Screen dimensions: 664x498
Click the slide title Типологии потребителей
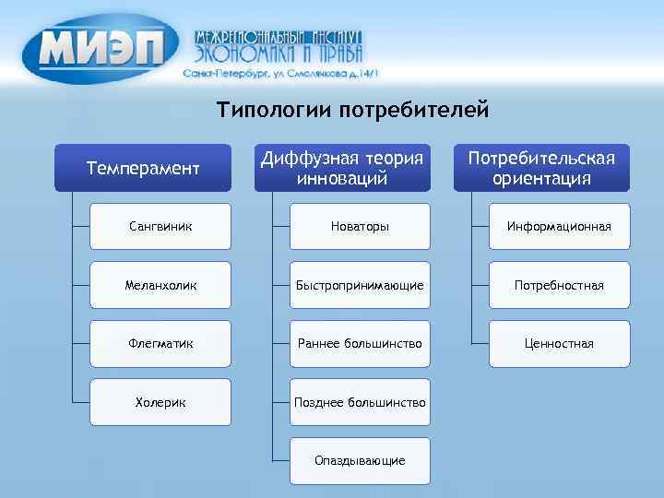click(x=351, y=112)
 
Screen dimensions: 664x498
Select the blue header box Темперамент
click(x=142, y=168)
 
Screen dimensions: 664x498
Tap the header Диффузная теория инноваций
click(x=342, y=168)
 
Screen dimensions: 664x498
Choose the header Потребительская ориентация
click(x=541, y=168)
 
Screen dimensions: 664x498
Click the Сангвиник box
click(x=160, y=227)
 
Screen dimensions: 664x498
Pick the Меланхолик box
click(x=160, y=285)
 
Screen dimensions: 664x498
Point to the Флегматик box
click(x=160, y=344)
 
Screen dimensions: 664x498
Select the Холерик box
click(x=160, y=402)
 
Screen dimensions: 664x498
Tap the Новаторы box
click(x=360, y=227)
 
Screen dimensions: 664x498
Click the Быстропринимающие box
click(x=360, y=285)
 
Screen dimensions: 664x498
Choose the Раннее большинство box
click(x=360, y=344)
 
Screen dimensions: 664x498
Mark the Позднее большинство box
click(x=360, y=402)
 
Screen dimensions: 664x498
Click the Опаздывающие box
click(x=360, y=460)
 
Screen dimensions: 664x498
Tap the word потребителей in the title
click(x=412, y=112)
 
